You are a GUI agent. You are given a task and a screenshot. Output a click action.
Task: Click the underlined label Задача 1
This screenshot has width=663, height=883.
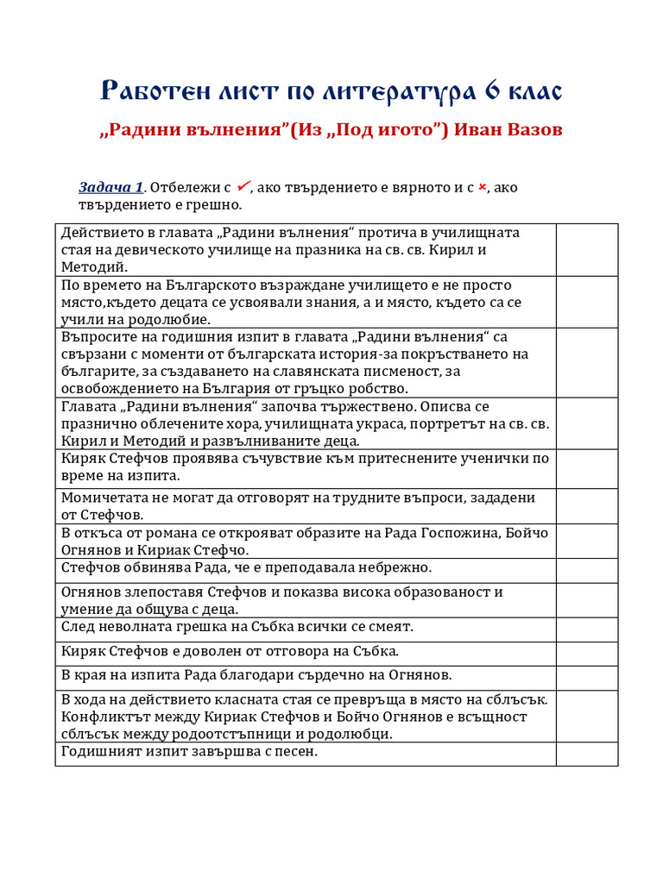coord(111,188)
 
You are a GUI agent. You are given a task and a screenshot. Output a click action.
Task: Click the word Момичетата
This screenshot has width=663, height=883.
coord(104,498)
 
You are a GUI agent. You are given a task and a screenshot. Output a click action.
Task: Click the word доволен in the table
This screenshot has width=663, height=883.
coord(227,651)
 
